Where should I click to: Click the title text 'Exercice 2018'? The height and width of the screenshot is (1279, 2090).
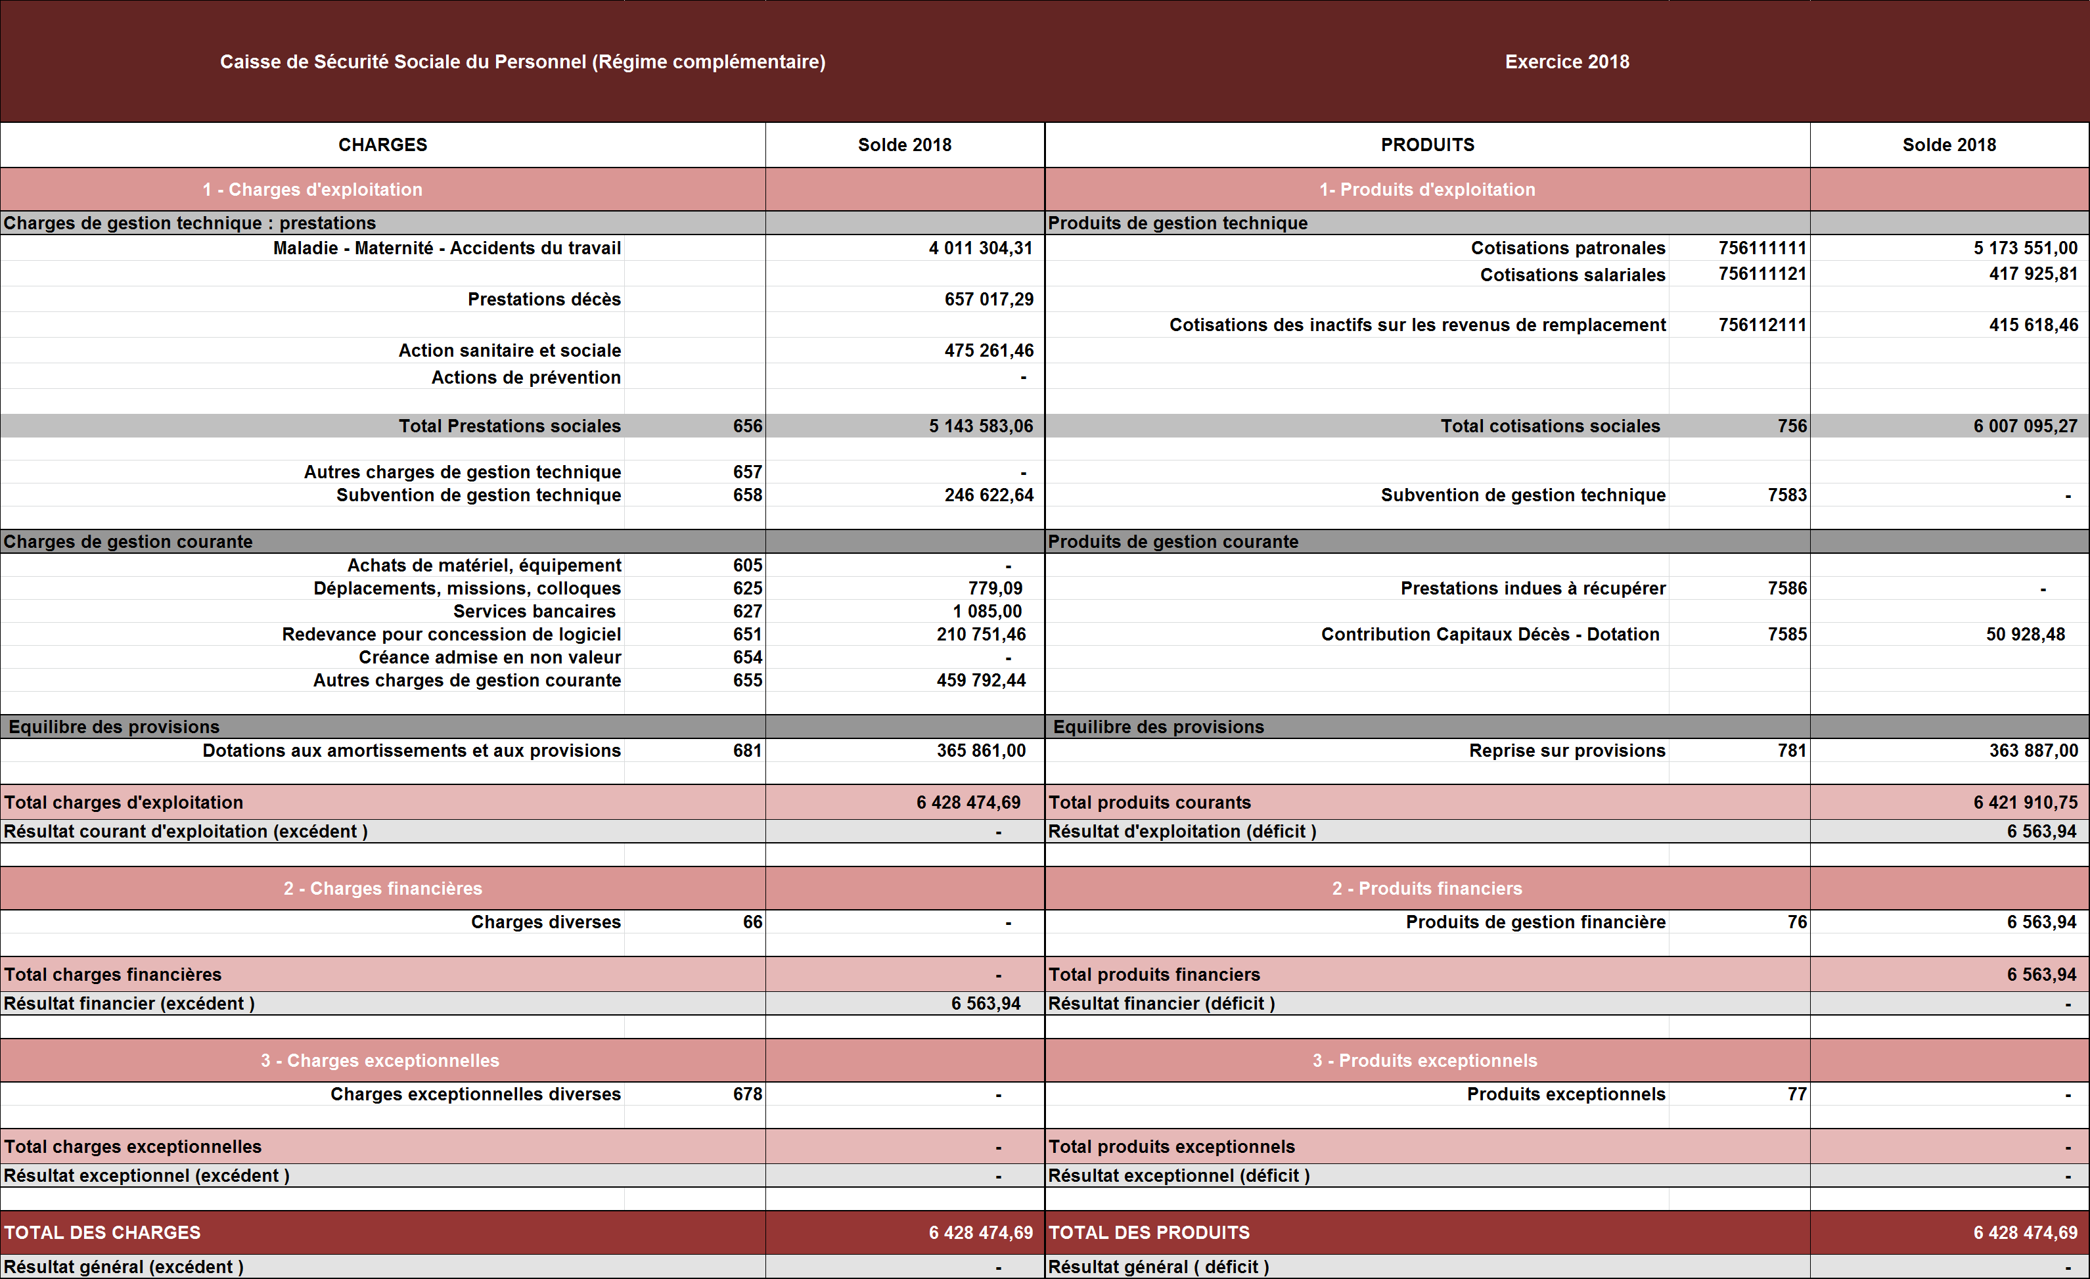click(x=1566, y=62)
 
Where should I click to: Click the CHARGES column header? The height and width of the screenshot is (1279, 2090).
click(x=382, y=145)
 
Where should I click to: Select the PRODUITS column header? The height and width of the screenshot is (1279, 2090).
click(x=1428, y=145)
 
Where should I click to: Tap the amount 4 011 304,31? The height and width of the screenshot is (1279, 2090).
click(x=980, y=248)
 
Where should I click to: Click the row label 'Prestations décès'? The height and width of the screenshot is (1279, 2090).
click(x=544, y=300)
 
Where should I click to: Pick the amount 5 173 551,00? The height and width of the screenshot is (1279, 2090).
click(x=2025, y=248)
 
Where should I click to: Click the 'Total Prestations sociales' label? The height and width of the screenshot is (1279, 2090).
click(x=510, y=426)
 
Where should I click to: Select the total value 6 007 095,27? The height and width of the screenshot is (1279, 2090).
click(x=2025, y=426)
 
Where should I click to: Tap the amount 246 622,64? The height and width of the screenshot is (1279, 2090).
click(x=989, y=495)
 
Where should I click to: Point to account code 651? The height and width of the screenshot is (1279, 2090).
click(x=747, y=635)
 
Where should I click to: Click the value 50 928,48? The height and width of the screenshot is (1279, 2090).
click(x=2025, y=635)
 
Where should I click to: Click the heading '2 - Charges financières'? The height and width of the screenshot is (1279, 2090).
click(x=382, y=889)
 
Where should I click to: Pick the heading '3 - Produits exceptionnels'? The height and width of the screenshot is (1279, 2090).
click(x=1424, y=1061)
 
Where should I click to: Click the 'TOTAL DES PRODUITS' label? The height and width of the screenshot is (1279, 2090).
click(x=1148, y=1233)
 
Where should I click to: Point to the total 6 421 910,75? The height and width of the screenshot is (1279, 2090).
click(x=2025, y=802)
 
